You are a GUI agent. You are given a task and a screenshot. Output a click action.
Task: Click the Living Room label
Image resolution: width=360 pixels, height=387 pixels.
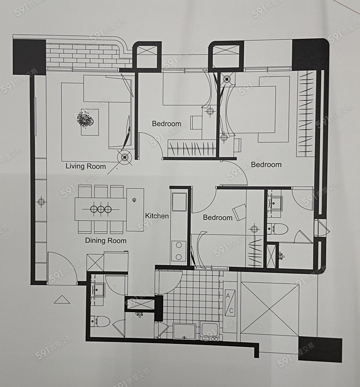pyautogui.click(x=86, y=166)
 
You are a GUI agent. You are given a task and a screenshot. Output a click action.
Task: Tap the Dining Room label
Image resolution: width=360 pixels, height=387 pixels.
pyautogui.click(x=106, y=240)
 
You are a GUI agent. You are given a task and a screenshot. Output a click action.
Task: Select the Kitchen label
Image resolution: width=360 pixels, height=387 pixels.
pyautogui.click(x=157, y=216)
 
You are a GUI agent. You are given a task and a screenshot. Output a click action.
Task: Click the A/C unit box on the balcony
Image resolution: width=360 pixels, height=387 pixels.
pyautogui.click(x=230, y=303)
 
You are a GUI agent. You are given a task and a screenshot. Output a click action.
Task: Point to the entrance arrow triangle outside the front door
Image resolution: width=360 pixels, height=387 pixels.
pyautogui.click(x=62, y=299)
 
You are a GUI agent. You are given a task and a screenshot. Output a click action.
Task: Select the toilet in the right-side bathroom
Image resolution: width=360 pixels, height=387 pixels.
pyautogui.click(x=278, y=229)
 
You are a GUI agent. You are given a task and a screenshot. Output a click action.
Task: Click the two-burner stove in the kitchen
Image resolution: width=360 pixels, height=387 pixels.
pyautogui.click(x=179, y=251)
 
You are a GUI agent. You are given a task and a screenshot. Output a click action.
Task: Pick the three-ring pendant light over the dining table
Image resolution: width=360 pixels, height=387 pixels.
pyautogui.click(x=101, y=209)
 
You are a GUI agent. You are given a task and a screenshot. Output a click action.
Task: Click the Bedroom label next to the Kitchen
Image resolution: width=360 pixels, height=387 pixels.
pyautogui.click(x=218, y=217)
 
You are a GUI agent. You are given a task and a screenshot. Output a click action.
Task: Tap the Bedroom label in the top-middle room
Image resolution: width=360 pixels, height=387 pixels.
pyautogui.click(x=166, y=124)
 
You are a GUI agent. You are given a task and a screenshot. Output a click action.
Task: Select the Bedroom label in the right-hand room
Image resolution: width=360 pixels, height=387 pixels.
pyautogui.click(x=266, y=164)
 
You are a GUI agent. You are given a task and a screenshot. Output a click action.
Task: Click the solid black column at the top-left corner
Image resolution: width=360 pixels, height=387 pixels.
pyautogui.click(x=29, y=57)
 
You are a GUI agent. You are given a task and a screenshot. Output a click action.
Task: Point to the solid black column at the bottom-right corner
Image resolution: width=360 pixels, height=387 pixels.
pyautogui.click(x=320, y=350)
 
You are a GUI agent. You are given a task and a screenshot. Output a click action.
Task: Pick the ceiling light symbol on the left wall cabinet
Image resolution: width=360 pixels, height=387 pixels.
pyautogui.click(x=41, y=202)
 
